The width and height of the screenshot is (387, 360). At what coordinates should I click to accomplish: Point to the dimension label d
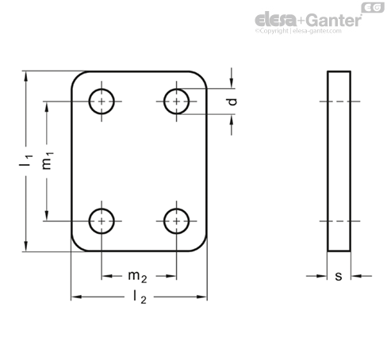coord(232,101)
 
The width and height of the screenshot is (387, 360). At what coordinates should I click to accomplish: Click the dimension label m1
coord(48,161)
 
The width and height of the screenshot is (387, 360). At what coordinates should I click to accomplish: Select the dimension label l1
coord(26,161)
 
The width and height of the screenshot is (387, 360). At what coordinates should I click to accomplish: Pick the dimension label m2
coord(137,277)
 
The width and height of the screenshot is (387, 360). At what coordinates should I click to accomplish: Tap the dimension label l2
coord(140,297)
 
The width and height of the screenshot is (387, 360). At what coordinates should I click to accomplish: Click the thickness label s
coord(339,276)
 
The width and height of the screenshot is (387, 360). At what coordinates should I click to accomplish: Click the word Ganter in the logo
coord(334,21)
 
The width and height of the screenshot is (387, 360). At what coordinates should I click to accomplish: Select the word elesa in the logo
coord(276,20)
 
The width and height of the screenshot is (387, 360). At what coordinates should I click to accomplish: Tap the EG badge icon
coord(373,8)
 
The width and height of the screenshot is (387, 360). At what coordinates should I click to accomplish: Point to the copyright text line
coord(298,31)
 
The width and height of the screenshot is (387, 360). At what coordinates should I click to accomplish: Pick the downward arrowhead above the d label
coord(232,83)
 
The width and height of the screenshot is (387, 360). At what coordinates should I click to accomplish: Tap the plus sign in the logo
coord(302,21)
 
